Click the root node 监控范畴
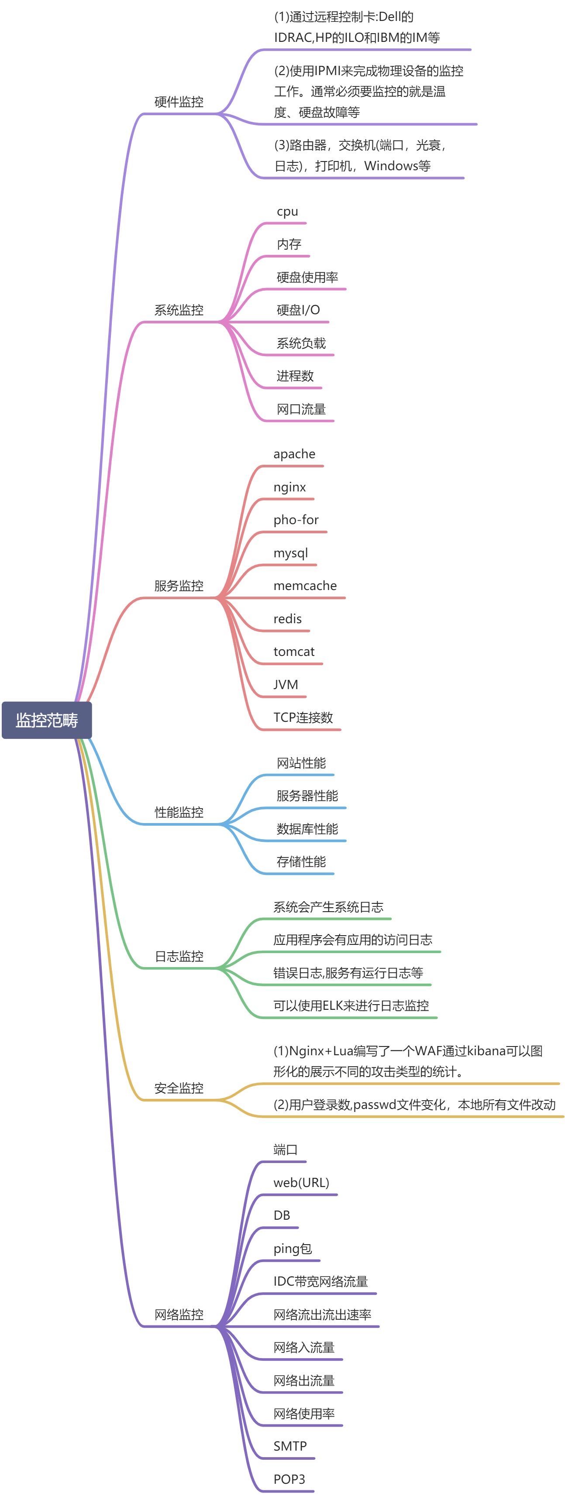[x=47, y=720]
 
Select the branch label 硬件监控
[x=179, y=102]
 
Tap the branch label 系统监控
[x=179, y=310]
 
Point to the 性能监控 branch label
[x=179, y=812]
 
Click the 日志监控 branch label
[x=179, y=956]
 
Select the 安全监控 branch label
[x=179, y=1088]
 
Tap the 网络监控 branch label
[x=179, y=1314]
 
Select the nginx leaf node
[x=289, y=487]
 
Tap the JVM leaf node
[x=286, y=685]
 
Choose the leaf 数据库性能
[x=307, y=829]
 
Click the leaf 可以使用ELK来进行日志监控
[x=351, y=1005]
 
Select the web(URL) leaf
[x=301, y=1182]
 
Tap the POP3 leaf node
[x=289, y=1479]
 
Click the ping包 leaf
[x=293, y=1249]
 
